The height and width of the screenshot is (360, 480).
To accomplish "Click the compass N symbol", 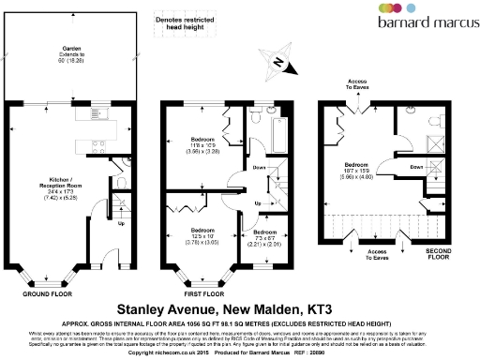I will click(x=277, y=62).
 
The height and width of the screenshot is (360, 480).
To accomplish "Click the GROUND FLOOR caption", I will click(x=49, y=292).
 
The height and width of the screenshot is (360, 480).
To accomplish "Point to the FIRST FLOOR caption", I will click(x=206, y=292).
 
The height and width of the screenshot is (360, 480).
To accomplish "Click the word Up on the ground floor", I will click(x=121, y=223).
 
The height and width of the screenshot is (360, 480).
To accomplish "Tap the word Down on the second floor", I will click(x=415, y=168).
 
